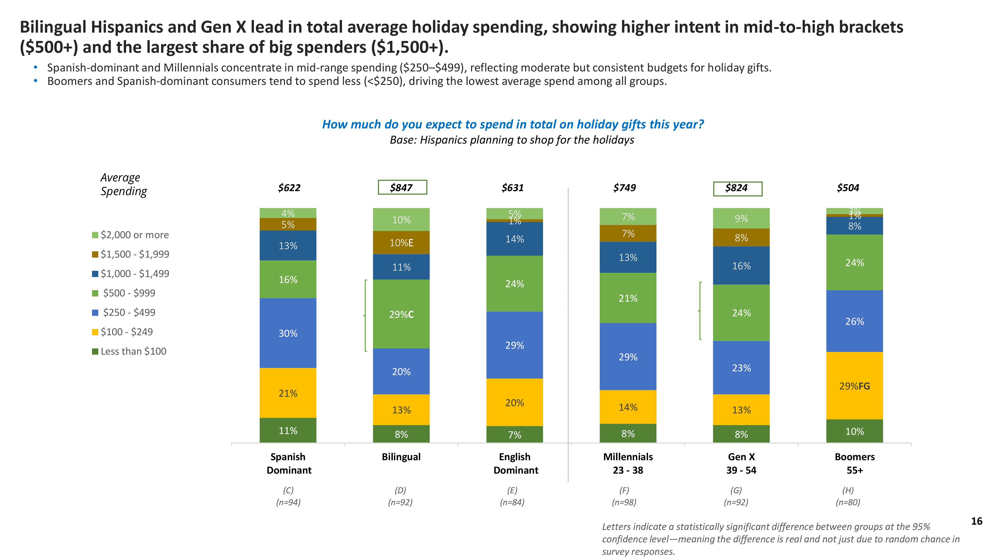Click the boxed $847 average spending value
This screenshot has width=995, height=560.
402,187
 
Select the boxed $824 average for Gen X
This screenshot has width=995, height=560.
737,188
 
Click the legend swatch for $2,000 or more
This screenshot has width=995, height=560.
95,235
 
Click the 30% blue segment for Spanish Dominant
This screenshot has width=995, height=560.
288,333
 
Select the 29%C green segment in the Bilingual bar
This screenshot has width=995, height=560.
401,314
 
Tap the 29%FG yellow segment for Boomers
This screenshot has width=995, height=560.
854,386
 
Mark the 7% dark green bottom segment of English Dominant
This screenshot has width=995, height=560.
514,435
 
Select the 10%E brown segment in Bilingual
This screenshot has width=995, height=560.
401,243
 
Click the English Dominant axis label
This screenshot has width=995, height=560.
515,463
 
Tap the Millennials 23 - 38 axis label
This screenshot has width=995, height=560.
628,463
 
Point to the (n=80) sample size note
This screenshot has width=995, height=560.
848,503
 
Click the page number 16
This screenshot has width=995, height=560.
976,521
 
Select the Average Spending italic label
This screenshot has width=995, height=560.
124,184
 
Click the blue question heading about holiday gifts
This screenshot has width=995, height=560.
513,124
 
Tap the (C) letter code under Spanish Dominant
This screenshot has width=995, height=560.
288,490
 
